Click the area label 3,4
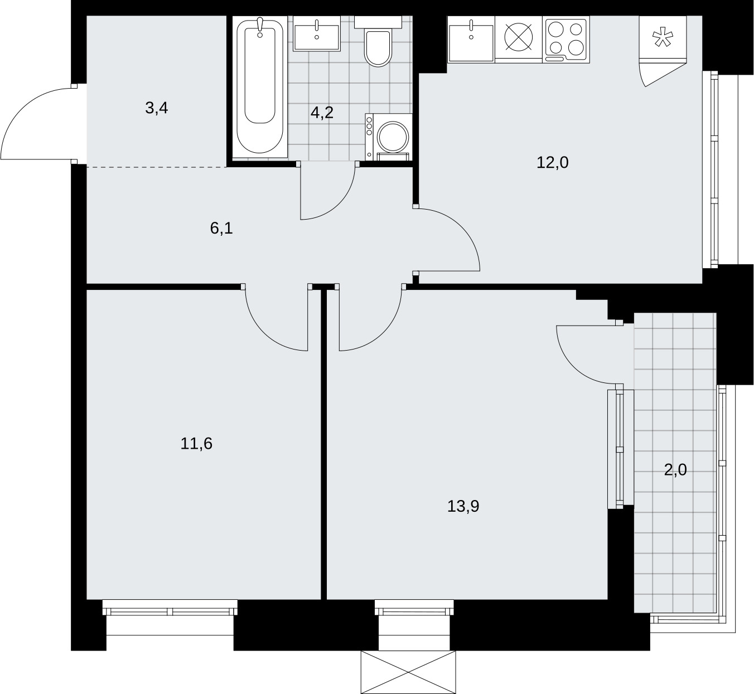coord(156,108)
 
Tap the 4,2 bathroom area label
coord(322,113)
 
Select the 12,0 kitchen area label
coord(553,163)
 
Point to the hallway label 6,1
coord(221,228)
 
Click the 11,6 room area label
coord(196,443)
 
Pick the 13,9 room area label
coord(463,506)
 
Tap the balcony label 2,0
coord(675,470)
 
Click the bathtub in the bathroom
coord(260,87)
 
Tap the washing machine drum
coord(393,137)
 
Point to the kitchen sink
coord(471,39)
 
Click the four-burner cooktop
coord(566,39)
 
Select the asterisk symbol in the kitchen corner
coord(663,37)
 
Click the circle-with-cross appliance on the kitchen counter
coord(519,37)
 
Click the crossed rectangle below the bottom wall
coord(408,672)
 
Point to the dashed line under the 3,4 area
coord(156,167)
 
